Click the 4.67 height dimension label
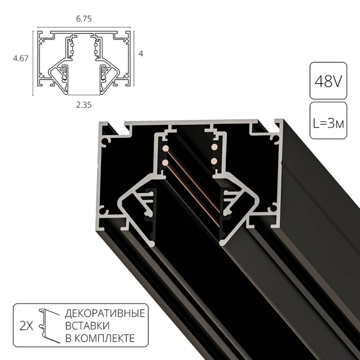click(20, 59)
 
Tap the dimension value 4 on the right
click(141, 54)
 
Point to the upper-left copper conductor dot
click(166, 149)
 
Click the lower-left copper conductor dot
click(166, 163)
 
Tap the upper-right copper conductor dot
click(213, 148)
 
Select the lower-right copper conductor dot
click(213, 161)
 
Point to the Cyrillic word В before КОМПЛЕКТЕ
click(68, 338)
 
